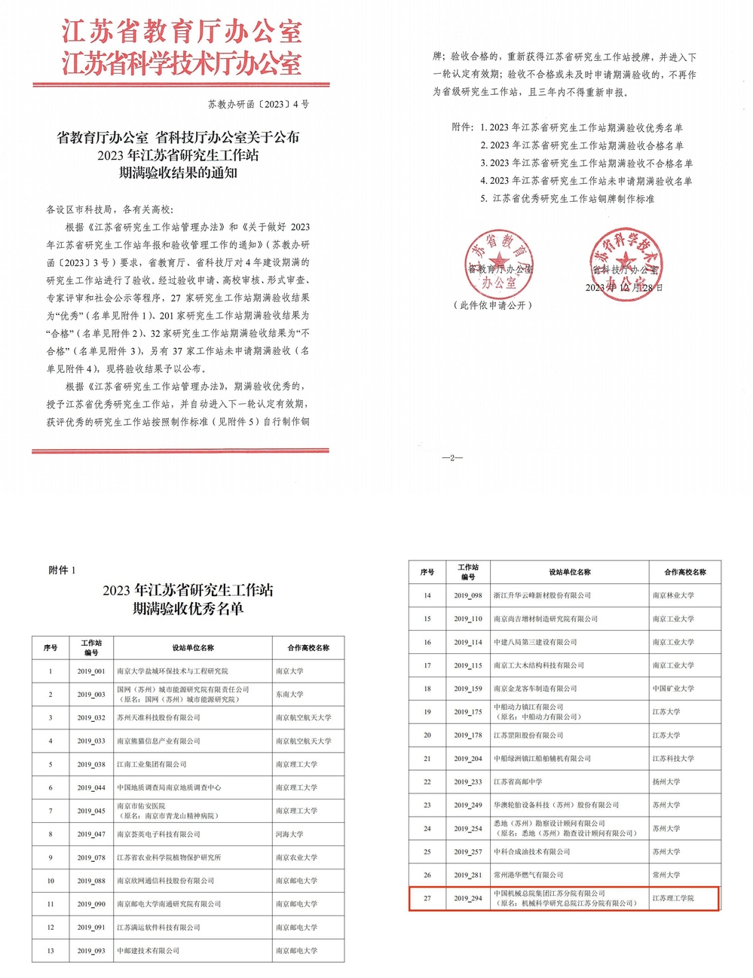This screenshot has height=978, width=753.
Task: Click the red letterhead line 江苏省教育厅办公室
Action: tap(182, 32)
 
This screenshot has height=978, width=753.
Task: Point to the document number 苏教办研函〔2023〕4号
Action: tap(259, 104)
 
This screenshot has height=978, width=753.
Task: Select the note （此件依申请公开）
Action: tap(493, 305)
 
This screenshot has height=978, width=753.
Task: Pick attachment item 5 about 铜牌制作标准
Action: tap(568, 199)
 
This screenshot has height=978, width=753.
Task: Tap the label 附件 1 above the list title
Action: tap(63, 570)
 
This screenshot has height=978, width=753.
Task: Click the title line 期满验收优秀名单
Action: tap(188, 609)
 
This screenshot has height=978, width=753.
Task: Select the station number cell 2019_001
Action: tap(91, 671)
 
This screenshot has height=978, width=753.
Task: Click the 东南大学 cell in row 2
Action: tap(289, 695)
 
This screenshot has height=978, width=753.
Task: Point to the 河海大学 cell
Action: tap(289, 834)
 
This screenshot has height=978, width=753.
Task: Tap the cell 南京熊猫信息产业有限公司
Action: tap(158, 741)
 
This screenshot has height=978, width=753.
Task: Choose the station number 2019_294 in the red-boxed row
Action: tap(468, 898)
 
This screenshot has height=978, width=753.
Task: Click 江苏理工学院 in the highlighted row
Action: tap(673, 898)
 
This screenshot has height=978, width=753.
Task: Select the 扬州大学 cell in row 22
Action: tap(666, 782)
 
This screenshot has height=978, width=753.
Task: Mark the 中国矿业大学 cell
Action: tap(673, 689)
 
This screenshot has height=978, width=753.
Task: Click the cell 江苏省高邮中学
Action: tap(518, 782)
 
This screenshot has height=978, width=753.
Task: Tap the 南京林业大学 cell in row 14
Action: tap(673, 595)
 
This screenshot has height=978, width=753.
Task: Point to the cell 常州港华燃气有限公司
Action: tap(528, 875)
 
